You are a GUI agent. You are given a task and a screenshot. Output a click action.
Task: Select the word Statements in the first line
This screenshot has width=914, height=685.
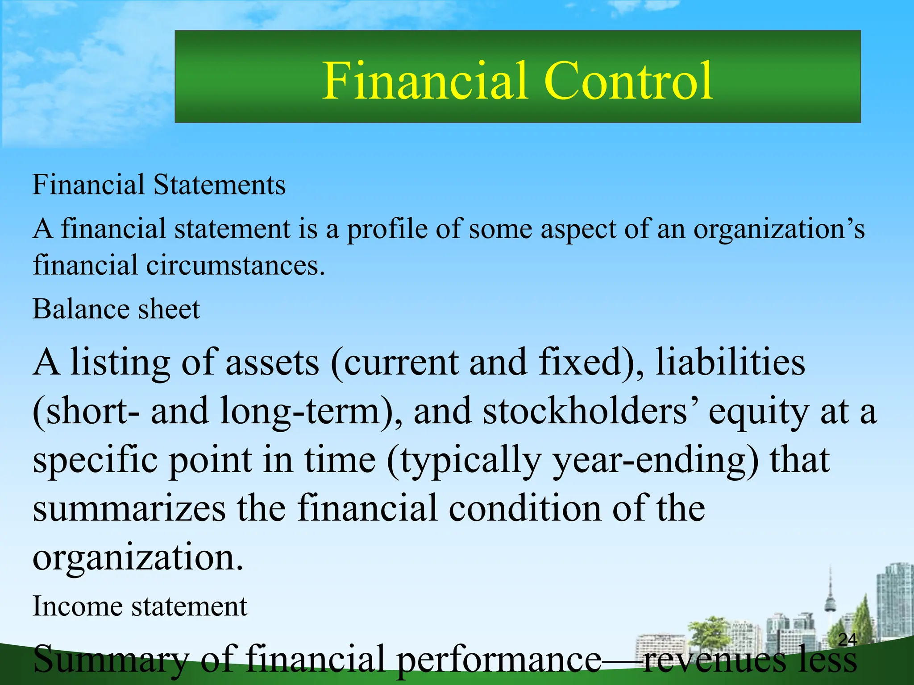point(219,185)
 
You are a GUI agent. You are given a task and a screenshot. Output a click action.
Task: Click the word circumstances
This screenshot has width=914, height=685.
point(235,266)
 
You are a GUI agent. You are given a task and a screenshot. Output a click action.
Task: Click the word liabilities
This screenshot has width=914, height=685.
point(730,362)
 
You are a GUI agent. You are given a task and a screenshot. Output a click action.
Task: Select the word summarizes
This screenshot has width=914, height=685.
point(129,509)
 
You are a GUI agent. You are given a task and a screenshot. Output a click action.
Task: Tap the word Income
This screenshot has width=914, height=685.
point(77,607)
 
